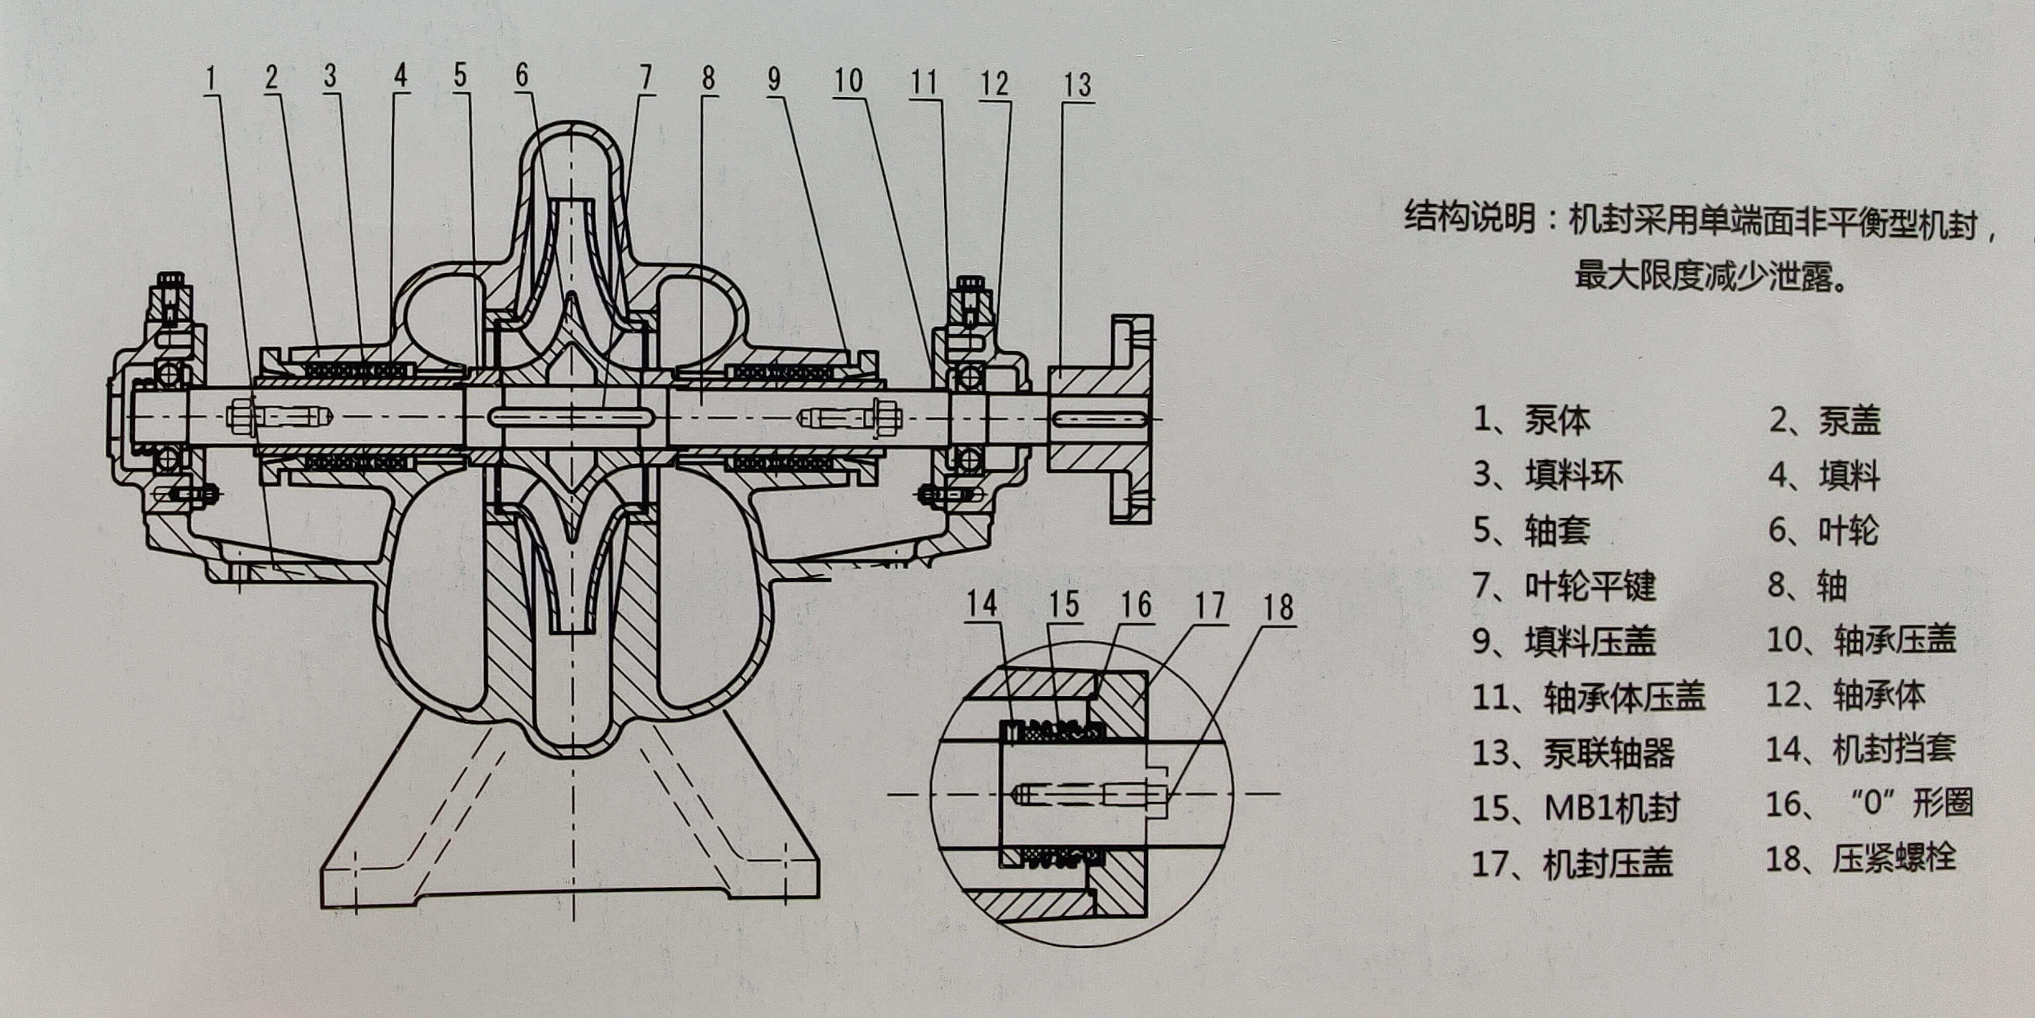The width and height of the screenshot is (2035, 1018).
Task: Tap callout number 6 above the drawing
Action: pos(521,76)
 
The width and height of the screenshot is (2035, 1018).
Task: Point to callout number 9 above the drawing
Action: pos(774,79)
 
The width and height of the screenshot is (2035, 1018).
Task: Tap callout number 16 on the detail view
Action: pos(1136,605)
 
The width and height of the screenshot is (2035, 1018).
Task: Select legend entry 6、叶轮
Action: pos(1823,530)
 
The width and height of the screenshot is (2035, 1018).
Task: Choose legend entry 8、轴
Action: pos(1807,586)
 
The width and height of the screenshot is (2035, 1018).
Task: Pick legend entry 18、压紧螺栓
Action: pos(1860,858)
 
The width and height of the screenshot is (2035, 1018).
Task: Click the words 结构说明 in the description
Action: pos(1469,218)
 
